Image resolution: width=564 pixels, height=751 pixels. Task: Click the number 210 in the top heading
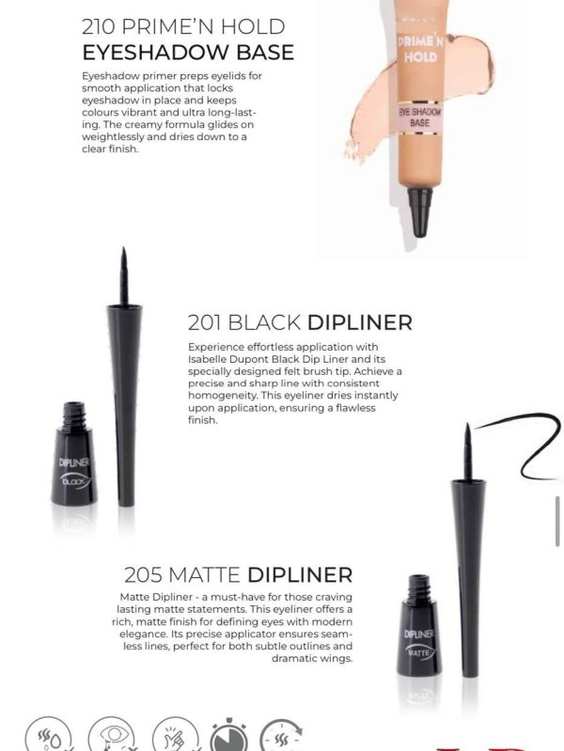(99, 27)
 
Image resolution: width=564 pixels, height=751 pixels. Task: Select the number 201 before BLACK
(205, 322)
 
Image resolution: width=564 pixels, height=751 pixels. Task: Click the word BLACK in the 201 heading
(264, 322)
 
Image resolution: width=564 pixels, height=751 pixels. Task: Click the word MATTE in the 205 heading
(204, 574)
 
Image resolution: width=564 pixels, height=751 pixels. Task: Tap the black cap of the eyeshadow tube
(419, 211)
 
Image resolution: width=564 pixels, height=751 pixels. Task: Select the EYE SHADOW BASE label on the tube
(419, 117)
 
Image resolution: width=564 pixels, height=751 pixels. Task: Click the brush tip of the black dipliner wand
(124, 275)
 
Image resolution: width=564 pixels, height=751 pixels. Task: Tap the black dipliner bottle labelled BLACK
(74, 454)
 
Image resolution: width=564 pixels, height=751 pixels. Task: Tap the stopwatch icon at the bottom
(229, 735)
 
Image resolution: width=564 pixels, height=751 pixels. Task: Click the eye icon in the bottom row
(112, 735)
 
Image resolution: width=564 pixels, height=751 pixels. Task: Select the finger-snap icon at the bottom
(176, 736)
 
